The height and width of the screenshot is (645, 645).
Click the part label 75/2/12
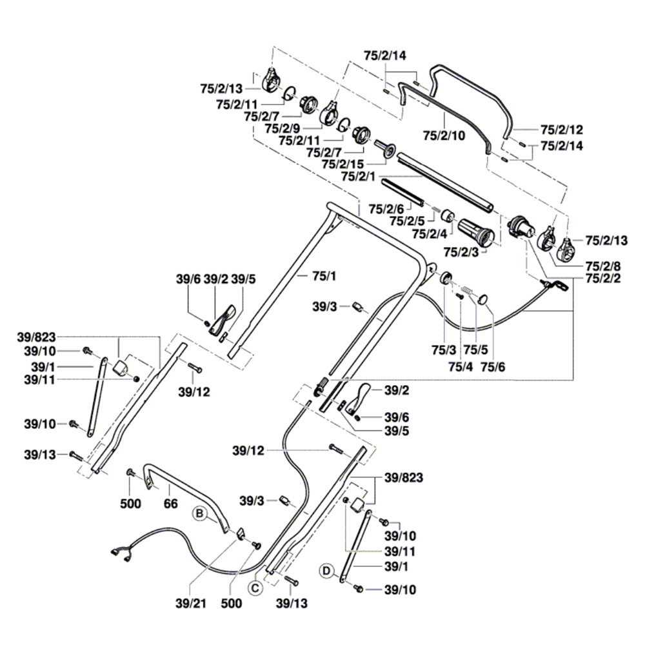(x=561, y=128)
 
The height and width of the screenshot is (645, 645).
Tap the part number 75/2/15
(x=342, y=164)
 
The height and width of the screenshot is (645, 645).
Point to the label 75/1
(x=312, y=276)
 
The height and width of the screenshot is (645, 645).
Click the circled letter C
(x=256, y=588)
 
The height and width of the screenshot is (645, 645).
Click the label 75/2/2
(x=604, y=279)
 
